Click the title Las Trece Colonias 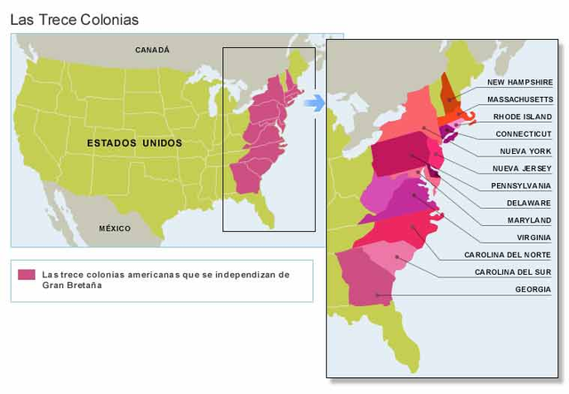(x=74, y=19)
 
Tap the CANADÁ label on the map (x=152, y=51)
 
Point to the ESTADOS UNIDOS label (x=134, y=142)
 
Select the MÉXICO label (x=115, y=229)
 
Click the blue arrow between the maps (x=313, y=103)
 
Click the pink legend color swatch (x=27, y=275)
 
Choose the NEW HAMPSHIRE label (x=520, y=82)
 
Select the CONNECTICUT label (x=524, y=133)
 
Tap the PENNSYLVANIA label (x=521, y=186)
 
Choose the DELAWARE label (x=529, y=203)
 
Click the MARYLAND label (x=529, y=220)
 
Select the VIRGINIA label (x=533, y=237)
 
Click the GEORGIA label (x=533, y=289)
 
